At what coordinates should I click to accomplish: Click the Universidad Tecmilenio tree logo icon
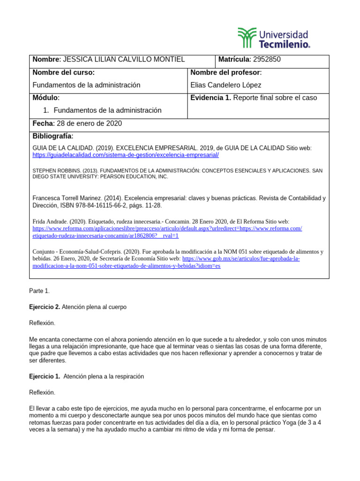(247, 37)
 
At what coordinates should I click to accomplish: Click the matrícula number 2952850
(267, 59)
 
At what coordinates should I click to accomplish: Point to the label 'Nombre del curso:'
(63, 72)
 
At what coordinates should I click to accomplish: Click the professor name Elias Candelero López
(226, 85)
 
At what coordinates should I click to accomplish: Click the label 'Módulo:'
(46, 98)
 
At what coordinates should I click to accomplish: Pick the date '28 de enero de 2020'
(89, 124)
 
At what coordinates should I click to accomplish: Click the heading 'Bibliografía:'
(53, 136)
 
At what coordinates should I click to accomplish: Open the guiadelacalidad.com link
(126, 155)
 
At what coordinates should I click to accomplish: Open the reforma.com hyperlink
(167, 228)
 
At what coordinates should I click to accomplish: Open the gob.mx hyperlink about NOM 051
(241, 258)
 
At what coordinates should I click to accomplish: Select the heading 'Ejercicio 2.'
(45, 307)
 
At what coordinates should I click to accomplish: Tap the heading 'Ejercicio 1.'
(45, 376)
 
